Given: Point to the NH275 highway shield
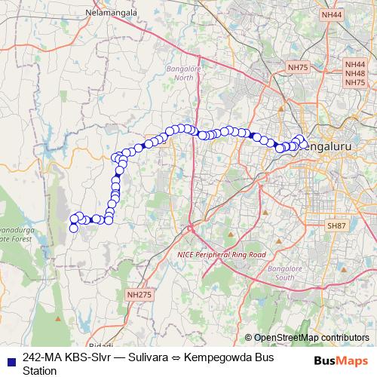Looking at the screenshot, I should pyautogui.click(x=140, y=295).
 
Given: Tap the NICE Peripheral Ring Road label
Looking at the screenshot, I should pyautogui.click(x=222, y=255).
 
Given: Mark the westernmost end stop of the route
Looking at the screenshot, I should pyautogui.click(x=73, y=228).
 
